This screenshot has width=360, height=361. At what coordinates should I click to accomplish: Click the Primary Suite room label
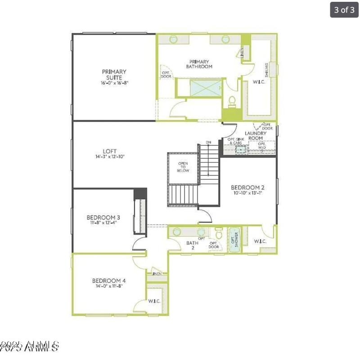[114, 74]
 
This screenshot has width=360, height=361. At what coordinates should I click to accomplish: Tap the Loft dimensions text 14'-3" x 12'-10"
[110, 157]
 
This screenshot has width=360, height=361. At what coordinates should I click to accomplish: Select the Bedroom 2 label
[247, 187]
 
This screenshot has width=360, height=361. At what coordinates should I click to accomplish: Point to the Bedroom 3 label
[102, 218]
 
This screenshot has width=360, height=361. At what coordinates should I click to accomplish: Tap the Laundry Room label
[256, 136]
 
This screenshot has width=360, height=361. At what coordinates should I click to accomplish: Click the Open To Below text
[183, 167]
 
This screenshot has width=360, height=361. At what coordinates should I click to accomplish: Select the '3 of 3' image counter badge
[344, 10]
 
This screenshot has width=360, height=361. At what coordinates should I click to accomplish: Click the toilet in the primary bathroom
[232, 102]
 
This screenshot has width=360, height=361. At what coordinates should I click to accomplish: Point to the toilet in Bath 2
[219, 234]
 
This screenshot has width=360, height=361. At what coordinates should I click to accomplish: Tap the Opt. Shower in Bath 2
[234, 240]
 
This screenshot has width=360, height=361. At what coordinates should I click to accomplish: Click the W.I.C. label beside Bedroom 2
[260, 241]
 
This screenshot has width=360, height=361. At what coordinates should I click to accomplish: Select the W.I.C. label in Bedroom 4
[154, 301]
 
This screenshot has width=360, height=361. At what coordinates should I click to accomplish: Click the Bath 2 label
[192, 245]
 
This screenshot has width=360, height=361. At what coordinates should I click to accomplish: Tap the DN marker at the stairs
[208, 143]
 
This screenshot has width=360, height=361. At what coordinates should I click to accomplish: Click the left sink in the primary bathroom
[174, 40]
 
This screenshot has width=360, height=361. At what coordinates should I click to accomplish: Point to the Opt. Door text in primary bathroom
[166, 74]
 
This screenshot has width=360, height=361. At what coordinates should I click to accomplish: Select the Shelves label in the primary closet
[267, 70]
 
